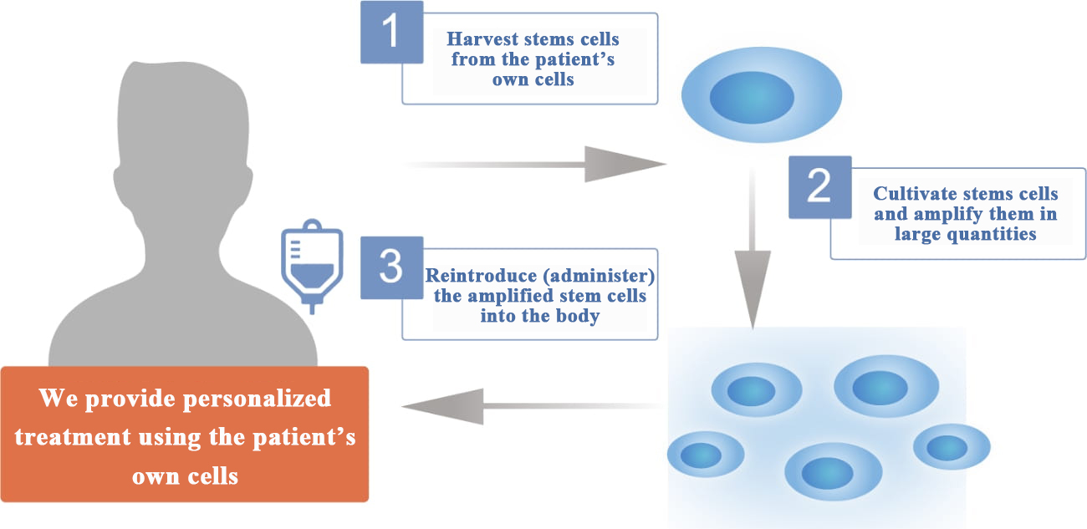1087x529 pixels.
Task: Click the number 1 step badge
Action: click(x=391, y=32)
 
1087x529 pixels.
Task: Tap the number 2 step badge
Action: click(x=819, y=187)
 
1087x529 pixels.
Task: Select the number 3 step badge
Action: click(x=391, y=267)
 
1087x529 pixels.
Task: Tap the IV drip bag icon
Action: click(x=311, y=266)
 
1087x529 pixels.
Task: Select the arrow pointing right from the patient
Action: click(x=535, y=164)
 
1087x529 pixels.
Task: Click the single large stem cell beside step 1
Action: click(x=762, y=98)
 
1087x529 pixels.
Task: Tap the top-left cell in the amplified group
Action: click(x=756, y=390)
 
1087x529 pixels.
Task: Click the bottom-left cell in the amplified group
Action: click(x=705, y=455)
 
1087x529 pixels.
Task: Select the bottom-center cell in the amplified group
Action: click(x=832, y=472)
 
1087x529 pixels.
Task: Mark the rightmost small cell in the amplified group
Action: click(x=952, y=447)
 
